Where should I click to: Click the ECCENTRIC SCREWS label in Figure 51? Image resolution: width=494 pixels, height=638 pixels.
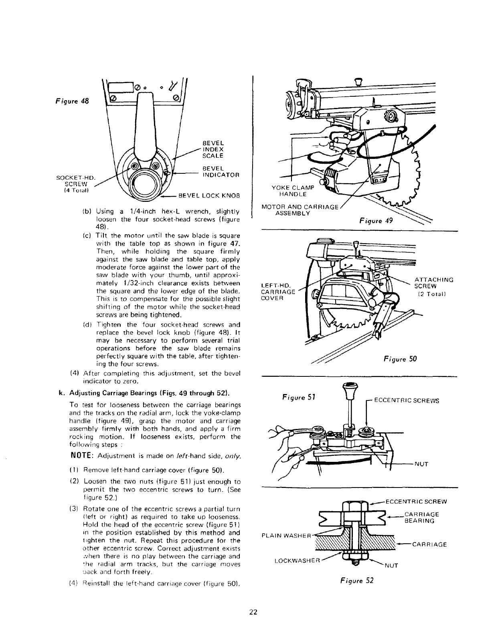[x=406, y=400]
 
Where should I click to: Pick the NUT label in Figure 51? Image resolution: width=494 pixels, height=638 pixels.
[x=421, y=464]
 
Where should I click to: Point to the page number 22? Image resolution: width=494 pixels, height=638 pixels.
[x=253, y=612]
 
